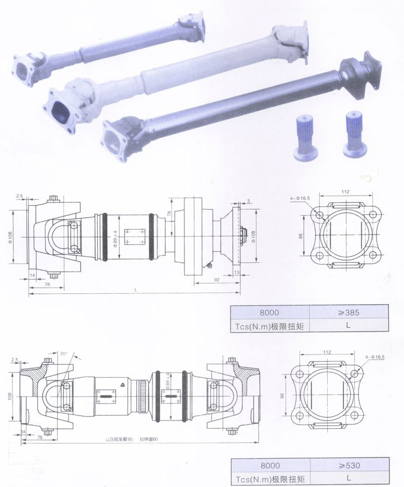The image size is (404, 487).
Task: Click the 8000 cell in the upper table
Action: [x=269, y=312]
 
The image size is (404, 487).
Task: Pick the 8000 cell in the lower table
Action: [x=269, y=466]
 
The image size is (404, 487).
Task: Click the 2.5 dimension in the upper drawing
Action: [x=20, y=196]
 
